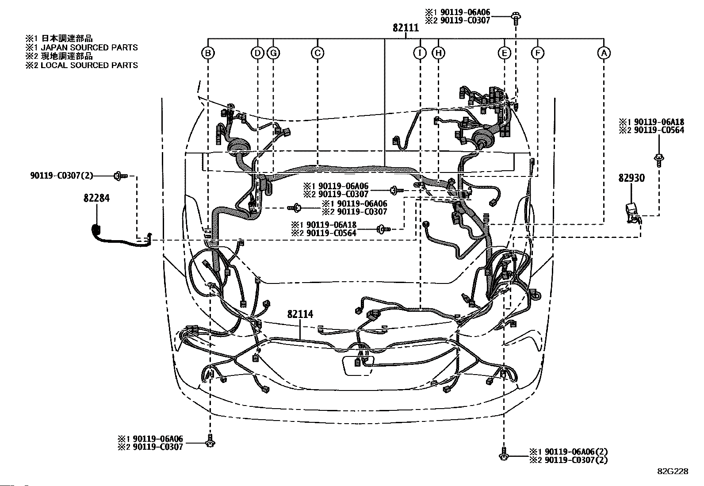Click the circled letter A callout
point(604,53)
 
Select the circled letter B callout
point(208,53)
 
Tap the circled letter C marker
point(318,53)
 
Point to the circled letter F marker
point(537,53)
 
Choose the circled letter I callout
point(420,53)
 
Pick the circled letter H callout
point(438,53)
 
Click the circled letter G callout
point(273,53)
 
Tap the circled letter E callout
point(504,53)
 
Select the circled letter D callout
point(257,53)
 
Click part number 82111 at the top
point(406,28)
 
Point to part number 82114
point(300,314)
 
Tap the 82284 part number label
point(96,198)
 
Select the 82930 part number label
point(631,178)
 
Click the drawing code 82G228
point(673,471)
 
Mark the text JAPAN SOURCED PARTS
point(89,47)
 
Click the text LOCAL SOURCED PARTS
point(89,65)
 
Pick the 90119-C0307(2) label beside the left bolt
point(62,176)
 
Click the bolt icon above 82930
point(659,161)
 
